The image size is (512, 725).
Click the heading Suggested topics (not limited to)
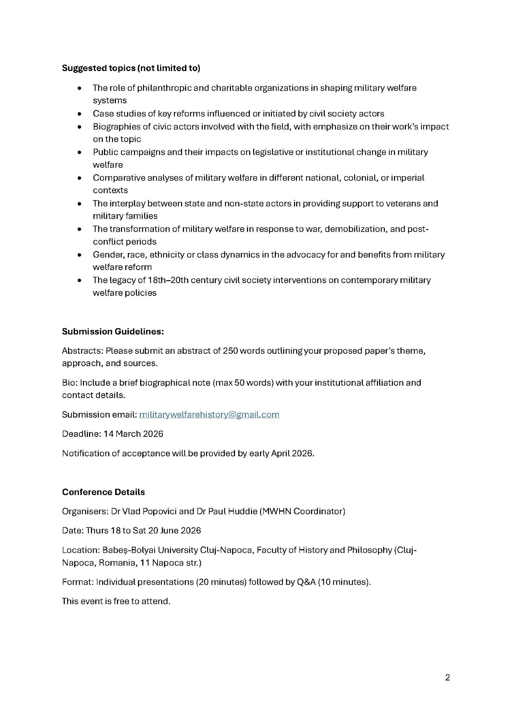coord(131,68)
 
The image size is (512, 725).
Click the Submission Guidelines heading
coord(113,331)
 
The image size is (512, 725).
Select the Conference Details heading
coord(103,492)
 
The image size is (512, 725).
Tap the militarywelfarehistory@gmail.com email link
coord(209,414)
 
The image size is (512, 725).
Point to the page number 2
coord(447,678)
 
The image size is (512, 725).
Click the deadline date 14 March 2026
coord(133,434)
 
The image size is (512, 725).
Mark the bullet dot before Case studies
coord(80,114)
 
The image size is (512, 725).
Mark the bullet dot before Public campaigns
coord(80,152)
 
